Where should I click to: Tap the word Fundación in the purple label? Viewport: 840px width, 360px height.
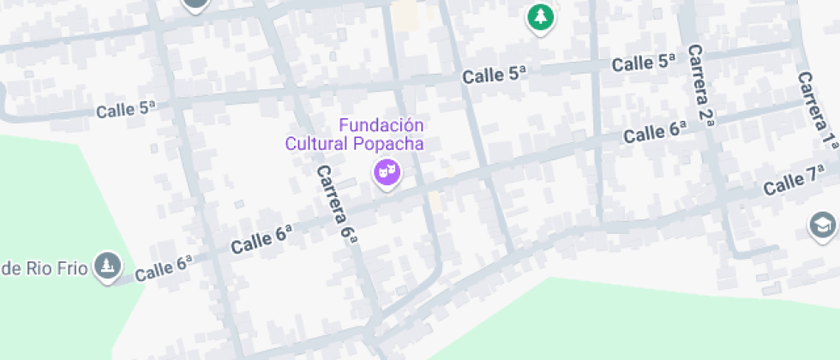tap(382, 125)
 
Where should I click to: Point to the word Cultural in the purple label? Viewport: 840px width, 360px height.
tap(318, 144)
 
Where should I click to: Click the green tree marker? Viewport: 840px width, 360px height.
tap(539, 15)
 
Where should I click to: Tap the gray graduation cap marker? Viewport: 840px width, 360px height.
tap(823, 225)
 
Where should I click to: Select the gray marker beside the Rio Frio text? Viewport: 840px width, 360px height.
tap(106, 267)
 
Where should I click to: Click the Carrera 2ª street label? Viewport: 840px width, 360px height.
tap(701, 86)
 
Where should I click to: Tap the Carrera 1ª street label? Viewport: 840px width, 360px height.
tap(817, 110)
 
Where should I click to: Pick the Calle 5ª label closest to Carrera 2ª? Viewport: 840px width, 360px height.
tap(644, 63)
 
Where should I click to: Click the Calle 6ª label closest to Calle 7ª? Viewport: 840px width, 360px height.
tap(656, 132)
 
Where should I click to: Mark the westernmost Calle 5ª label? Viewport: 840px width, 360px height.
tap(126, 110)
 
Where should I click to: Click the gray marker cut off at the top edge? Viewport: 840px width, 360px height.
tap(196, 4)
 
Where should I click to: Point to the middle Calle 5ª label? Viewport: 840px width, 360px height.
tap(493, 75)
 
